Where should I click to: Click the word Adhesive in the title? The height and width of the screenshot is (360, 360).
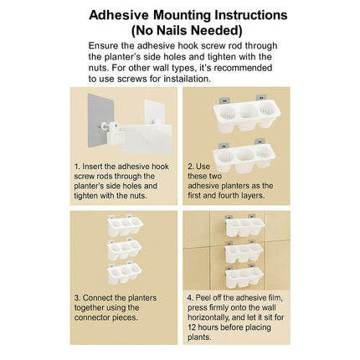coord(119,15)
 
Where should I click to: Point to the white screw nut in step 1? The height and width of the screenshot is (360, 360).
coord(105,126)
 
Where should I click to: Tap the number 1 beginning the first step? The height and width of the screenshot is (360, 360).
coord(77,167)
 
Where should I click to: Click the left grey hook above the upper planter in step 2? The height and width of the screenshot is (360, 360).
coord(224,100)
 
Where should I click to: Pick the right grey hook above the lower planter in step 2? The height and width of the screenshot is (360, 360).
coord(260,141)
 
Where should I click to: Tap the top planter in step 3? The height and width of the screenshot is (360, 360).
coord(125,225)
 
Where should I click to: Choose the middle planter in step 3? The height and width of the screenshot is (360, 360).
coord(125,249)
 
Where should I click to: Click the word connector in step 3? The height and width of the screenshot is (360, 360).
coord(92,317)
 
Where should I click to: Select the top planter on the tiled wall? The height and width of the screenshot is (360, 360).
coord(244,226)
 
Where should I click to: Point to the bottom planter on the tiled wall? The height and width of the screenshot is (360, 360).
coord(244,277)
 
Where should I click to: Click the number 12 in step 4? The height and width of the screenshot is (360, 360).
coord(192,327)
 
